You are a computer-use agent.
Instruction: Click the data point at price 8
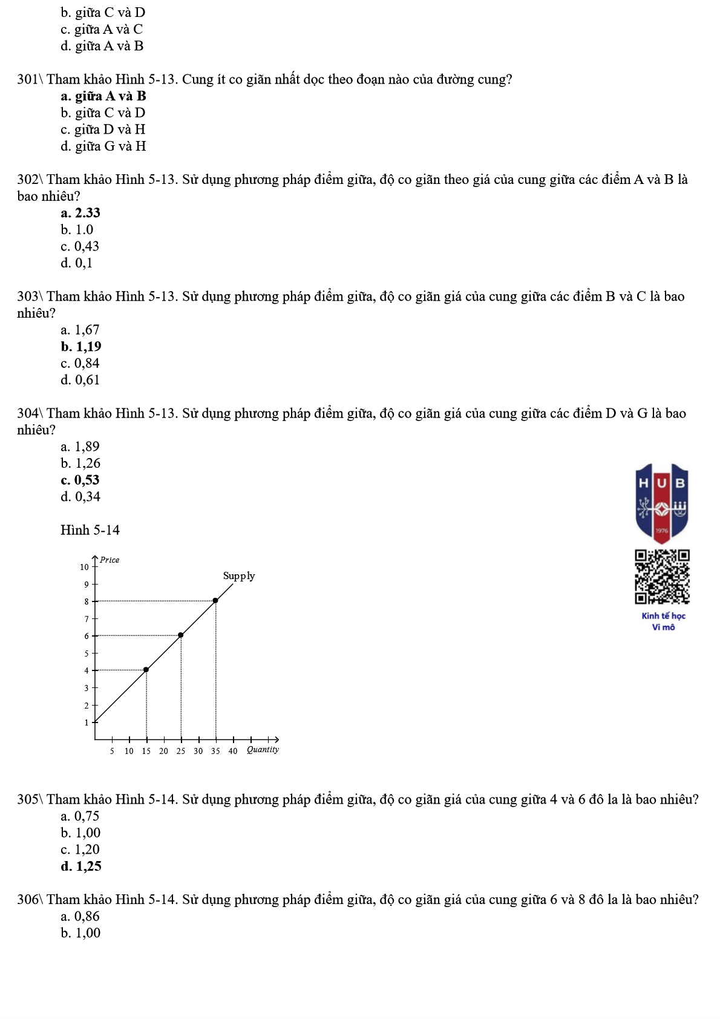[215, 600]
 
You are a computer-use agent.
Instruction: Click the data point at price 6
[181, 635]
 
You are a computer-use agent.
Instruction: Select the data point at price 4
[146, 669]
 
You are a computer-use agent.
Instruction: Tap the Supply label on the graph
[239, 575]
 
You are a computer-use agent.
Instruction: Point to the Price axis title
[110, 560]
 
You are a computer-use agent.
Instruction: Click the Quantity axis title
[263, 750]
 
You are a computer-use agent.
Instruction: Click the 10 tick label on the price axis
[84, 567]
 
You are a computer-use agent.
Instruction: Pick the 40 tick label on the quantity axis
[233, 751]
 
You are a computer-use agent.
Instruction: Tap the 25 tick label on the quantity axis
[181, 751]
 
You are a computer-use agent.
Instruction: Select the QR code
[662, 577]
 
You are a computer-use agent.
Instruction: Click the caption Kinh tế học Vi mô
[663, 621]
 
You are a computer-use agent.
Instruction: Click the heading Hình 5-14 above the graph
[90, 530]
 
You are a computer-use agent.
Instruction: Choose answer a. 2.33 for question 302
[80, 213]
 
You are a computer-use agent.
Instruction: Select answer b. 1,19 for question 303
[81, 347]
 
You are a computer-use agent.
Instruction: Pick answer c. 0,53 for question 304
[80, 480]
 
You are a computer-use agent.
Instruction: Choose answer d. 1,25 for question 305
[81, 867]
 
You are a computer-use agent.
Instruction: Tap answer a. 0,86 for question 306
[80, 916]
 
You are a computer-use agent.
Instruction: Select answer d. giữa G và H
[103, 146]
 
